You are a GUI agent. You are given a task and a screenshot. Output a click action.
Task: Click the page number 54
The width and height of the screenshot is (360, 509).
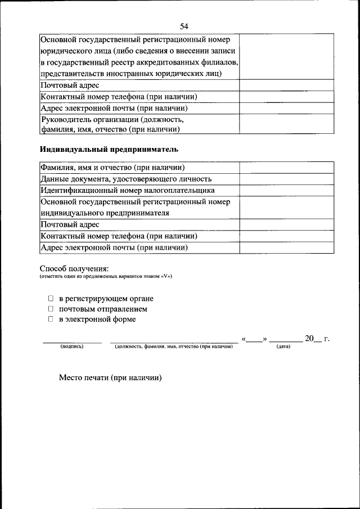click(184, 26)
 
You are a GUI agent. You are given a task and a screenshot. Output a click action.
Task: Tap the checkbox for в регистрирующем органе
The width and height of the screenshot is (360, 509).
click(50, 299)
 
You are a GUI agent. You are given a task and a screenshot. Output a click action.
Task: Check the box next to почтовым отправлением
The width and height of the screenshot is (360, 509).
click(50, 309)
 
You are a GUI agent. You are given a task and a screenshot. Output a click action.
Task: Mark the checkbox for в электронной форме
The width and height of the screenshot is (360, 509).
click(50, 319)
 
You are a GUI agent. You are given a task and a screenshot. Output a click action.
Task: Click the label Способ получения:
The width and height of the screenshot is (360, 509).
click(74, 268)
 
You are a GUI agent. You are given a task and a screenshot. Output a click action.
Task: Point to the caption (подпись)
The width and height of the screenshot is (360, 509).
click(71, 346)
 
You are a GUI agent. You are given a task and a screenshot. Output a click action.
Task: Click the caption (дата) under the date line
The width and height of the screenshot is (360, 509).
click(283, 346)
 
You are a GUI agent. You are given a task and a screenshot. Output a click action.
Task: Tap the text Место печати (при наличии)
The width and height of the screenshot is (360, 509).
click(110, 378)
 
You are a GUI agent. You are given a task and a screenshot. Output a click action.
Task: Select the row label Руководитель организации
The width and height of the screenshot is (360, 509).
click(112, 119)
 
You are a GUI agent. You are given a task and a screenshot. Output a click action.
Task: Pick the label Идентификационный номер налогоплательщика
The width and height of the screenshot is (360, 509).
click(127, 190)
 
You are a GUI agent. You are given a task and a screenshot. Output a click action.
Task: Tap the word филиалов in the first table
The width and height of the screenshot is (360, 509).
click(217, 62)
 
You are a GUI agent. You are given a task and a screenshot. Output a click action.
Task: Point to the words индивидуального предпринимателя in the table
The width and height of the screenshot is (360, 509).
click(105, 213)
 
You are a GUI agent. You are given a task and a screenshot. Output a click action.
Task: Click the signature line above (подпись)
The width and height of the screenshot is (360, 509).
click(73, 341)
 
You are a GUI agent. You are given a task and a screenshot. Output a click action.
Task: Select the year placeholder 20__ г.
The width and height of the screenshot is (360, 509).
click(317, 339)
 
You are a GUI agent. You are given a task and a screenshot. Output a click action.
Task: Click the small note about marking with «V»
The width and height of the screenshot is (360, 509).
click(106, 277)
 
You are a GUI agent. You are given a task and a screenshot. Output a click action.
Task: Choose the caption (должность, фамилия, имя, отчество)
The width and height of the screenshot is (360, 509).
click(173, 346)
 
